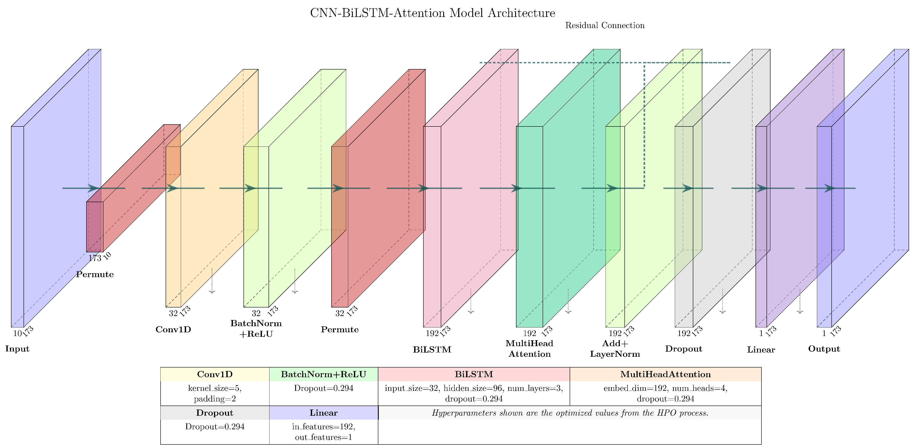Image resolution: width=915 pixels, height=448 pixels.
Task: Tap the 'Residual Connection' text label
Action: click(x=605, y=26)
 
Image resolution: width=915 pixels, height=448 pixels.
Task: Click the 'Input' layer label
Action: click(x=17, y=349)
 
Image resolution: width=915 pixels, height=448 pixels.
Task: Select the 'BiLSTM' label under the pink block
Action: click(x=432, y=350)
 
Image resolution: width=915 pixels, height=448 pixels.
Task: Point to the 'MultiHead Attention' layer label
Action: click(x=529, y=349)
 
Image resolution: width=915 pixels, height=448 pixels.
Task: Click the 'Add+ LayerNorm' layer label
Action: click(x=615, y=349)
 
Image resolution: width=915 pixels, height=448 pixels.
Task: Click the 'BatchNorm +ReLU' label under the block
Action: click(x=256, y=329)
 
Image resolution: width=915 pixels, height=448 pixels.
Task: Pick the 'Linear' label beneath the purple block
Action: click(x=761, y=350)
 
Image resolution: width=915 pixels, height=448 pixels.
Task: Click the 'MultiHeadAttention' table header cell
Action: click(x=665, y=374)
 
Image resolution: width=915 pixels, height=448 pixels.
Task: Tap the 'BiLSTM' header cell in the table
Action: click(x=474, y=374)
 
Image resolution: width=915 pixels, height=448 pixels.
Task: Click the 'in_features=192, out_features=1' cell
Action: click(x=323, y=432)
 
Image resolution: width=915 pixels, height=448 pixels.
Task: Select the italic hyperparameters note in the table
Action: click(x=570, y=413)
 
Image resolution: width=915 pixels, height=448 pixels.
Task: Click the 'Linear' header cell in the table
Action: click(x=323, y=413)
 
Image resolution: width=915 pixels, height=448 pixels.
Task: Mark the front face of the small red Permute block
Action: click(x=95, y=227)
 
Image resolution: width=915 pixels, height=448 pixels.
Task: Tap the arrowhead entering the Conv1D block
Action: click(x=172, y=188)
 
